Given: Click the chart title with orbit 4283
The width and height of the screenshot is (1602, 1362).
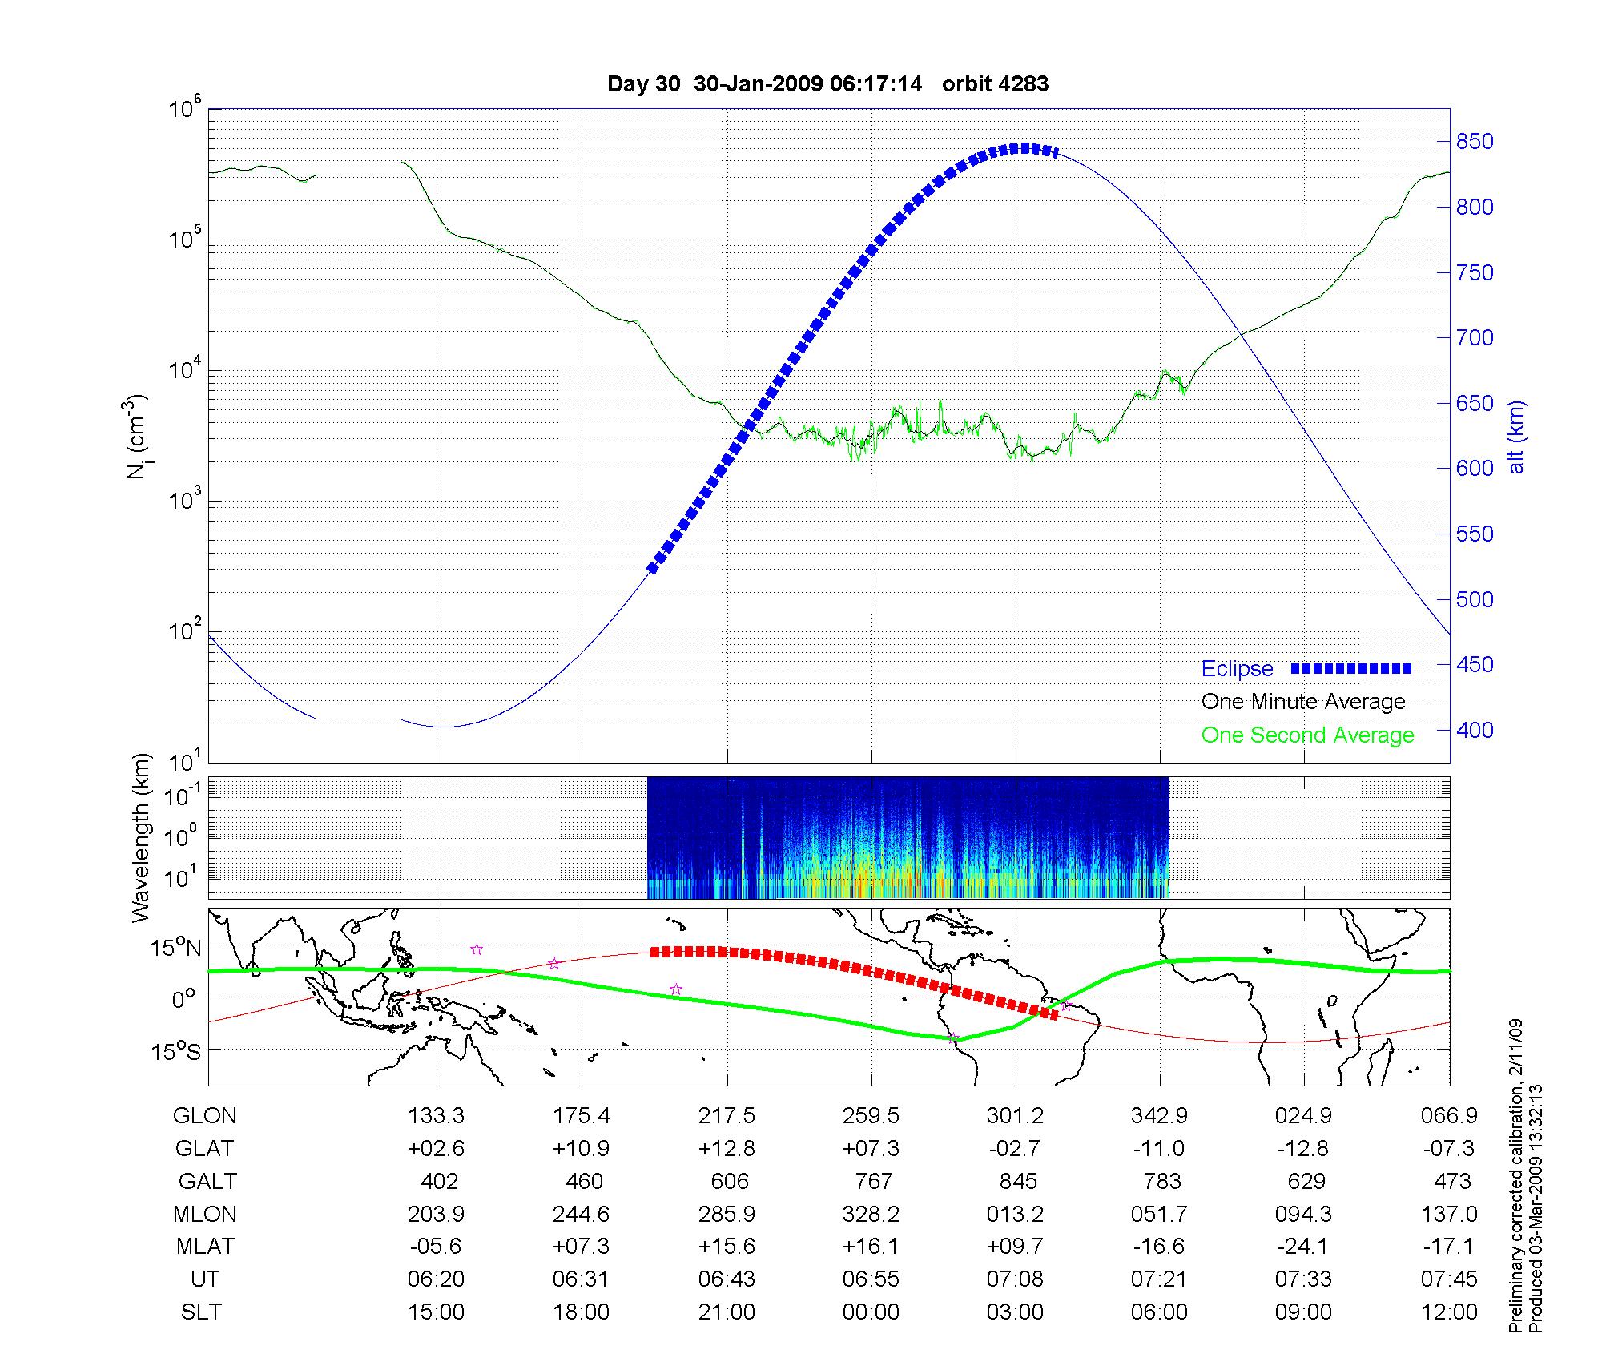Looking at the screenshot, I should [827, 83].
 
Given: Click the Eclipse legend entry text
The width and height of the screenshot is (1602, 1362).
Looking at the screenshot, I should [1237, 669].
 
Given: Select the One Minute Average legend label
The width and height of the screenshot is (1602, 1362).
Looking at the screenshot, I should [1303, 702].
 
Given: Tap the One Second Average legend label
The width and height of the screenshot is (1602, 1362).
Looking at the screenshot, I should [1307, 735].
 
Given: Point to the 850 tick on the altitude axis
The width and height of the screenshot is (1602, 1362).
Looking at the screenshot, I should [1475, 142].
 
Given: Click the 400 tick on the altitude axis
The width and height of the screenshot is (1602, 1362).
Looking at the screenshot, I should [1475, 730].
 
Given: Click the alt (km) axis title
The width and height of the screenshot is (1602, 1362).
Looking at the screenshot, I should [1516, 437].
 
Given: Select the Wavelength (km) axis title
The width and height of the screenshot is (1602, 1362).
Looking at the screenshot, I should [141, 837].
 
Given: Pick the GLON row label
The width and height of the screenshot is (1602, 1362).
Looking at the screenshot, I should [205, 1116].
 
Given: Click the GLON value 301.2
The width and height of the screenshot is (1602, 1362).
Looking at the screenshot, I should [1016, 1116].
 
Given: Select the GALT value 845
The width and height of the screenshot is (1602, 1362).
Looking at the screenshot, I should [1018, 1182].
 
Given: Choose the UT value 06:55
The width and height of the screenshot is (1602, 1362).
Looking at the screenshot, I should [871, 1279].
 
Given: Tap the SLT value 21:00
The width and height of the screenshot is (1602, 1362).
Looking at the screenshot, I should [727, 1312].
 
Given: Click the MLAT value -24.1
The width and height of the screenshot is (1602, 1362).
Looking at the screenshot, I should [1303, 1247].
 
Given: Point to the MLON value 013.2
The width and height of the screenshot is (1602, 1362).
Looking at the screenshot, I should [1015, 1215].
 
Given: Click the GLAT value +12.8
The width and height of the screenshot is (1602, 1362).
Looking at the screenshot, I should [727, 1149].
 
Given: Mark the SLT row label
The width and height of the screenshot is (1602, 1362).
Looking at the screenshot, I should [201, 1312].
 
